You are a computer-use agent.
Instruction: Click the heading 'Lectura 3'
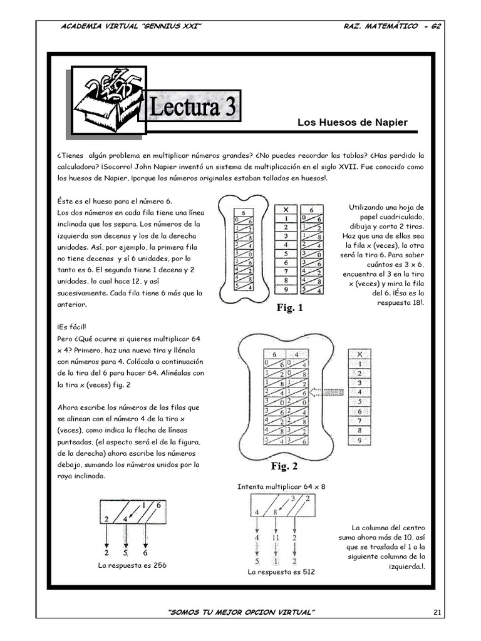(x=192, y=108)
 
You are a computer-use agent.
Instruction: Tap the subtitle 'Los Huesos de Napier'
(x=352, y=122)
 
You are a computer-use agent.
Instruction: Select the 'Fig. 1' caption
(x=289, y=308)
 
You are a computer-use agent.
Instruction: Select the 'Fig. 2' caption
(x=284, y=466)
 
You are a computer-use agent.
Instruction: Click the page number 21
(x=437, y=612)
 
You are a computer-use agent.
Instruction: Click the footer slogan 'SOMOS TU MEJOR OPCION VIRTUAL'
(x=240, y=612)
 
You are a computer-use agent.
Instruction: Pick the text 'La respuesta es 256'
(x=132, y=565)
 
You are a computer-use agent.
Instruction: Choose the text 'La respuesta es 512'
(x=281, y=572)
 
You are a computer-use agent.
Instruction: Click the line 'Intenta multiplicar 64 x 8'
(x=281, y=486)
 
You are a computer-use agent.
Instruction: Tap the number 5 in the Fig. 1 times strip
(x=286, y=254)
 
